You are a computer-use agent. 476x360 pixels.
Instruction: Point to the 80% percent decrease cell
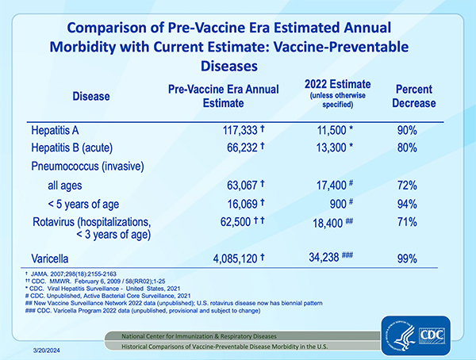[x=406, y=148]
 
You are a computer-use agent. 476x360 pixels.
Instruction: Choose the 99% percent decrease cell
[x=406, y=257]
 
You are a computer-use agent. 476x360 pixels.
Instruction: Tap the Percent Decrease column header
[x=415, y=97]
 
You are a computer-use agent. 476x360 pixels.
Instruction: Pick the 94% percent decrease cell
[x=406, y=203]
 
